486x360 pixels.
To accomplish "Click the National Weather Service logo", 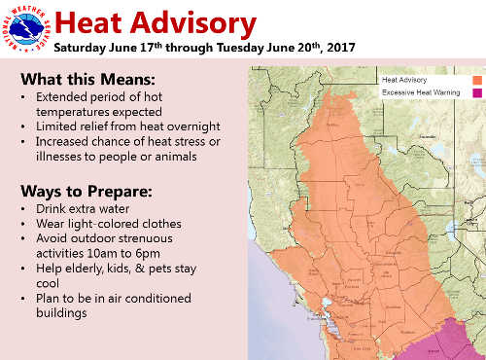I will (24, 26).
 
